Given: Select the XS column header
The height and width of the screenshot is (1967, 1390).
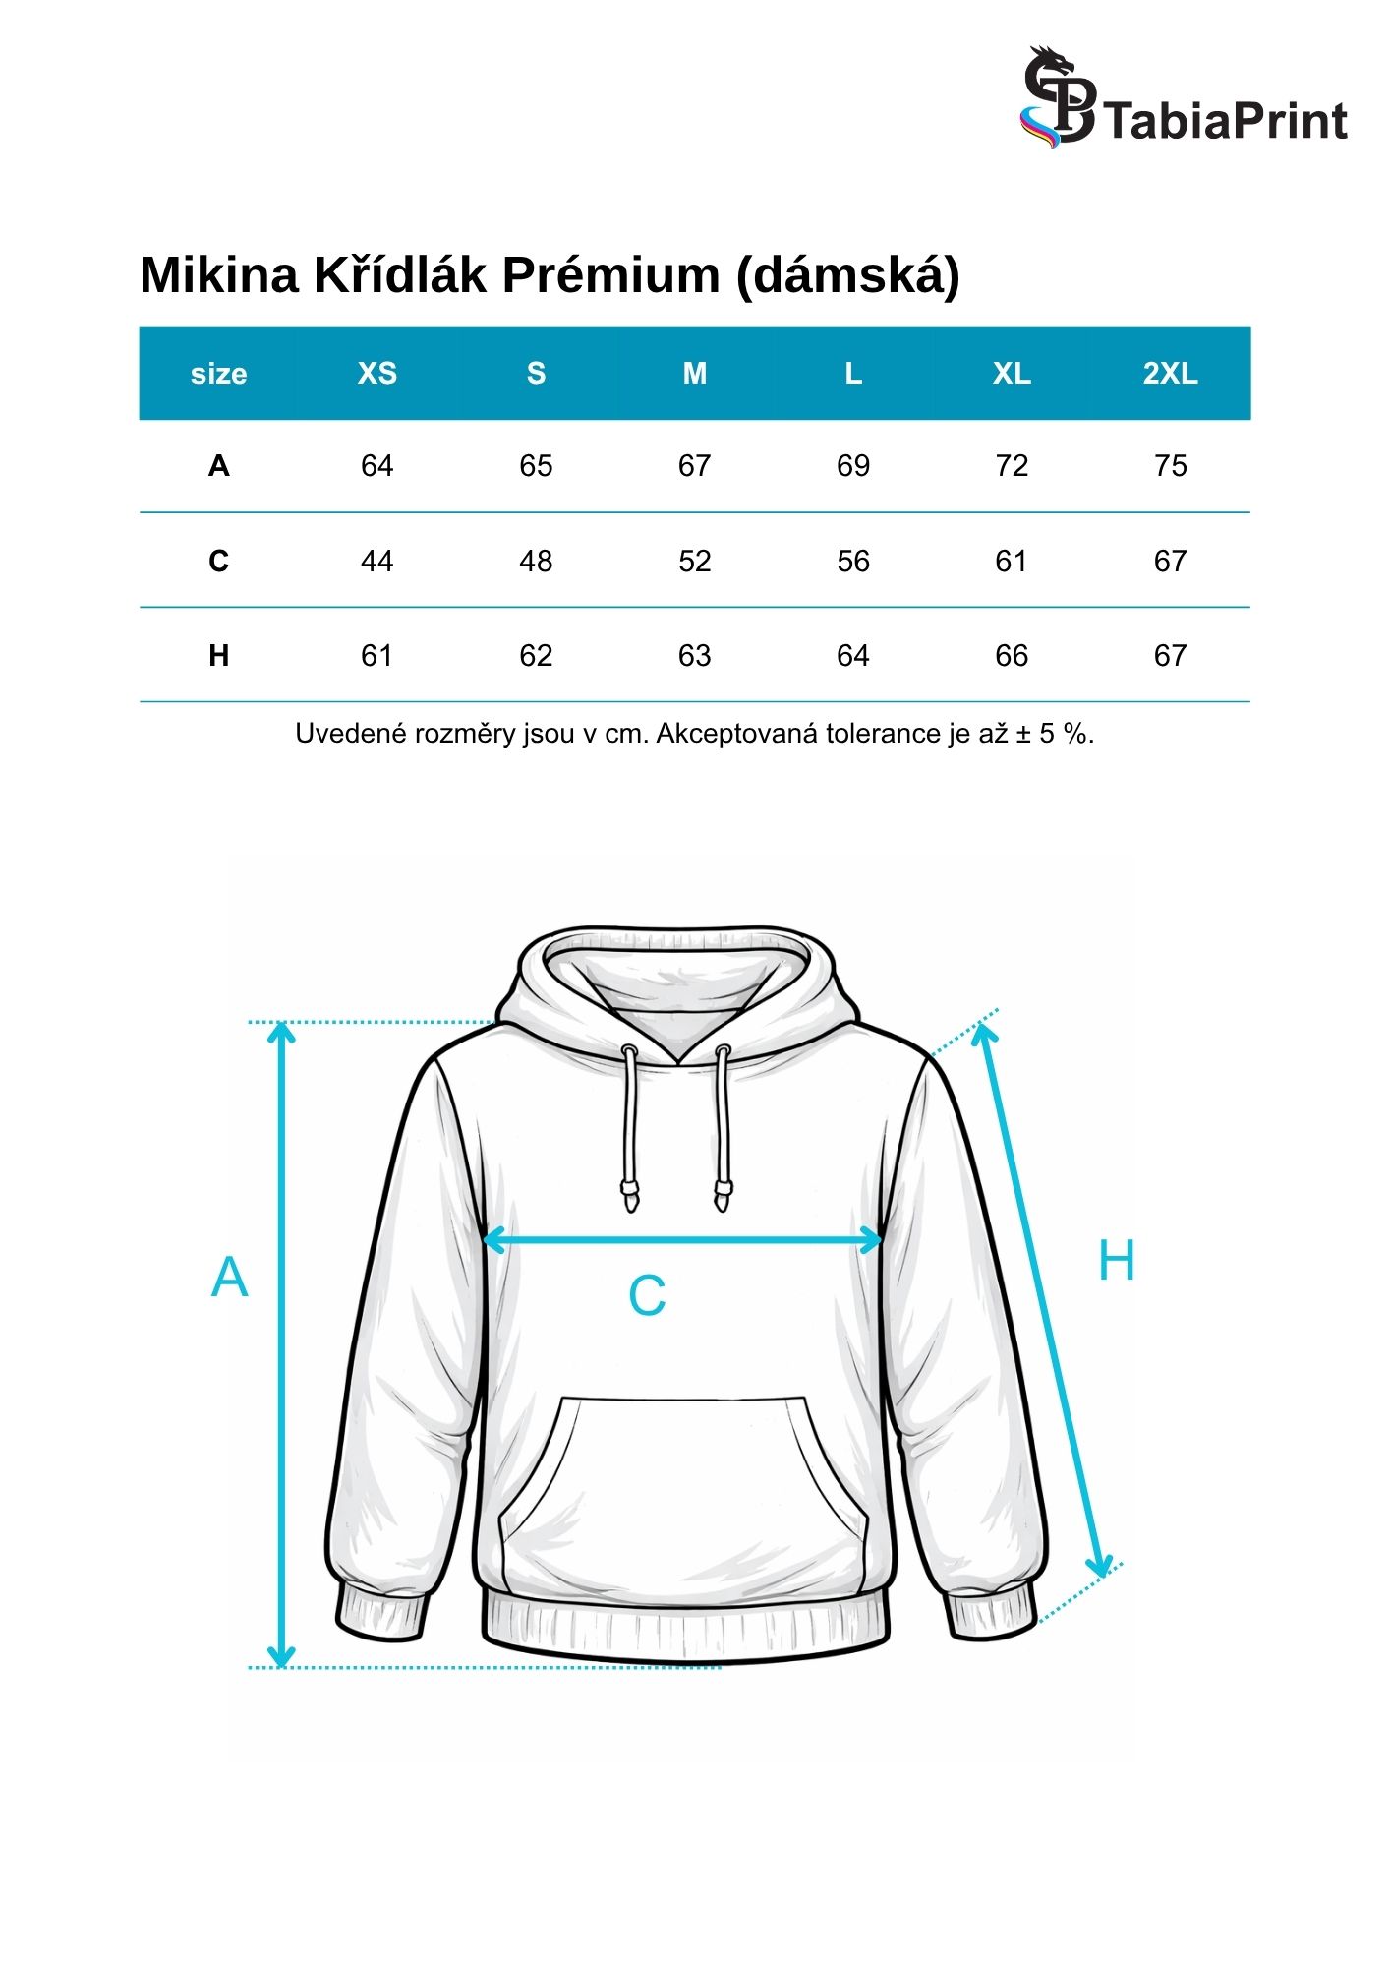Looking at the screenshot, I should (x=376, y=374).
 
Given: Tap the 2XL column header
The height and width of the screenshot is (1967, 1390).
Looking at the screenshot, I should (x=1170, y=374).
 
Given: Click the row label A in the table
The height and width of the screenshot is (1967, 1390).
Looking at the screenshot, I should (x=218, y=466).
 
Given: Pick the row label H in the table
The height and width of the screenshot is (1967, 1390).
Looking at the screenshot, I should (x=218, y=656).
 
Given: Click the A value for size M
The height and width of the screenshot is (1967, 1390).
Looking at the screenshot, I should (x=694, y=466).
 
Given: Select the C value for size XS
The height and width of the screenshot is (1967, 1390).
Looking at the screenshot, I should (x=376, y=562).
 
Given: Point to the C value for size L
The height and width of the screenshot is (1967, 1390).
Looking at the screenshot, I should (x=852, y=562).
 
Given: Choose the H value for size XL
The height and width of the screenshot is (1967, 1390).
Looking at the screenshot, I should (x=1012, y=656).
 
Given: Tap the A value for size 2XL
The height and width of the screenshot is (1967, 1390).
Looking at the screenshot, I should (x=1170, y=466).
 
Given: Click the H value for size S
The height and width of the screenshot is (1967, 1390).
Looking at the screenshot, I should (x=536, y=656).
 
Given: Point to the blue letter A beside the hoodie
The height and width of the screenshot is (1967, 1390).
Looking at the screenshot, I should (x=229, y=1278).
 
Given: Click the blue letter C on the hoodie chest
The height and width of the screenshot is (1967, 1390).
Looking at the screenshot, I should (x=647, y=1295).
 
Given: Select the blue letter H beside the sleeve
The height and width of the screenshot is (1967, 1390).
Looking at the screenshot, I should (x=1116, y=1261).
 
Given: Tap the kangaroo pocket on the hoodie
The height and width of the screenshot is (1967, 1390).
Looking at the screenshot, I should (x=683, y=1485).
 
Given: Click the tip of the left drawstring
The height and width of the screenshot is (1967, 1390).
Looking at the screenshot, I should (x=629, y=1199).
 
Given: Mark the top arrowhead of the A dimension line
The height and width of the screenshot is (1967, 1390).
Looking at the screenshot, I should (x=282, y=1031).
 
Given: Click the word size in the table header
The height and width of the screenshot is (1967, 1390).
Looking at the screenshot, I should (x=218, y=374).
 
